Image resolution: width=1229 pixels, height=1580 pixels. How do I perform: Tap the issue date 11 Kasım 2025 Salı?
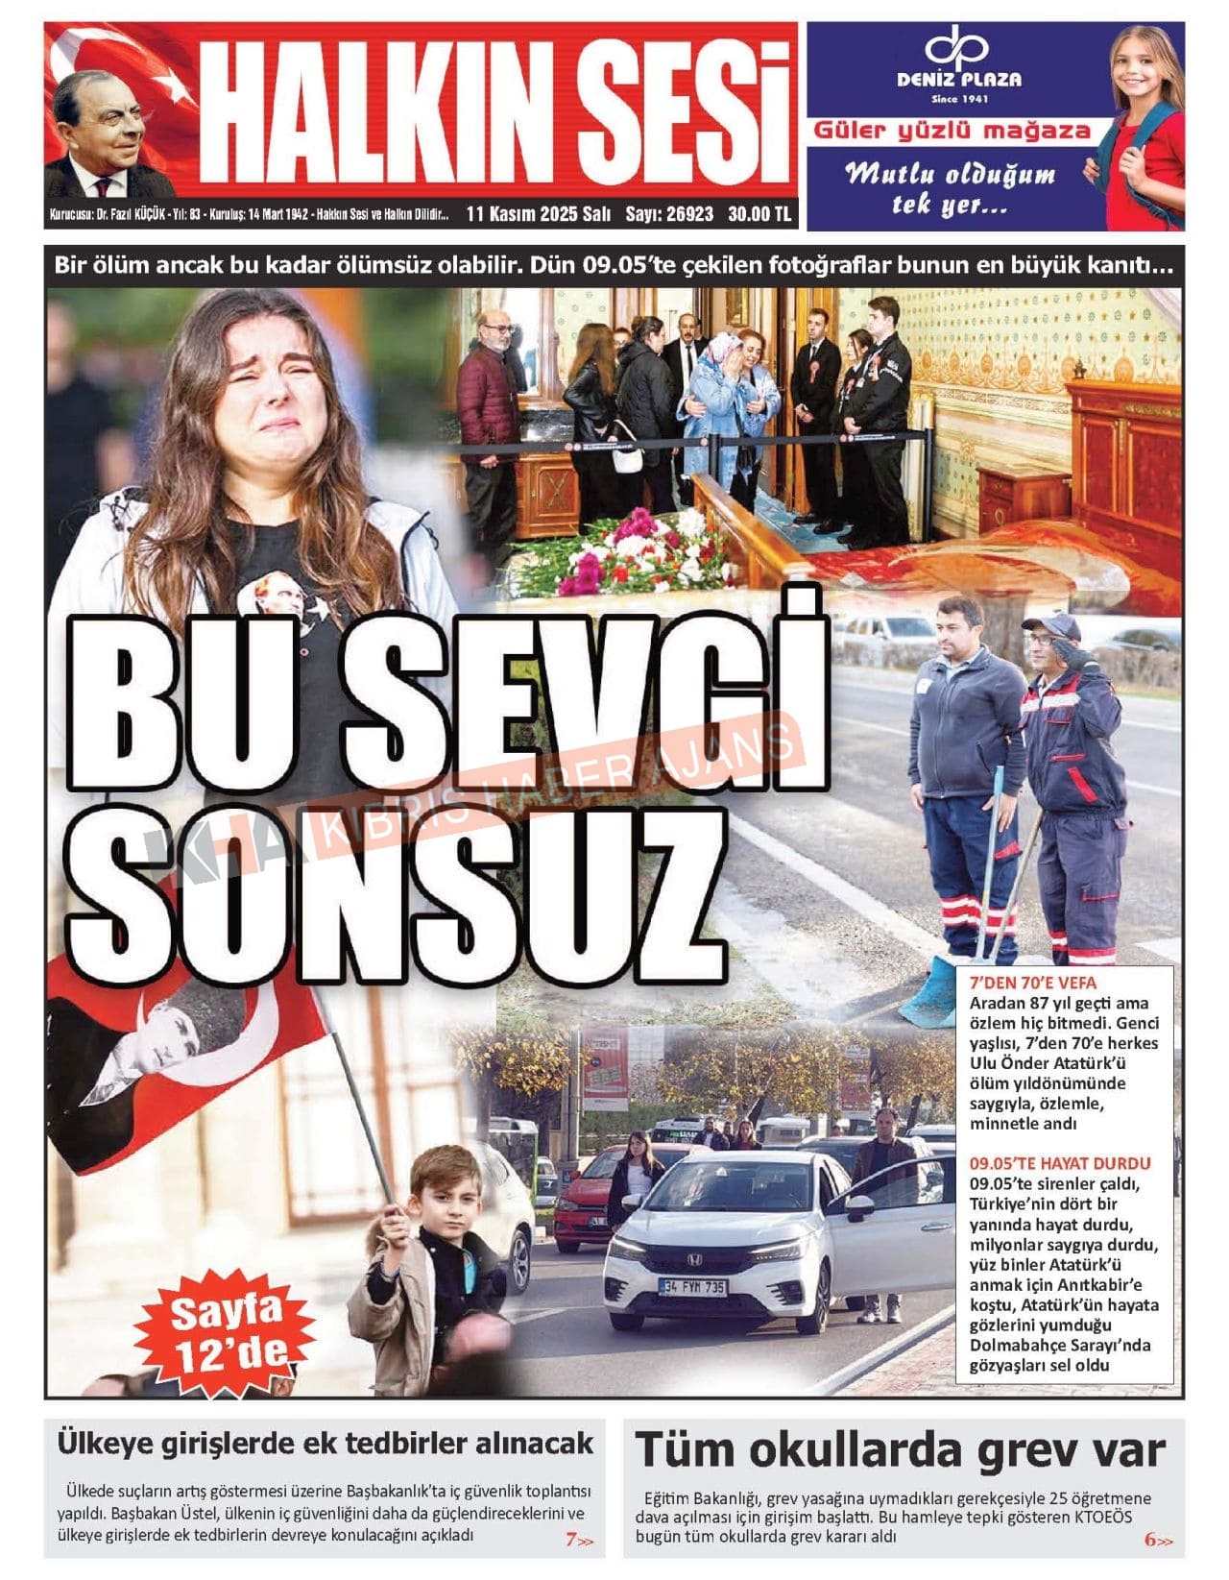pos(538,214)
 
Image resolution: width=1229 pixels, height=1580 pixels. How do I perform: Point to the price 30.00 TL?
pos(759,214)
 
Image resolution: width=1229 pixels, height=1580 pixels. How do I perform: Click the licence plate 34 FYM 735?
pos(691,1286)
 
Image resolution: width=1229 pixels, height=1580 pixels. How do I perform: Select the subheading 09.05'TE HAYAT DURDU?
pos(1059,1163)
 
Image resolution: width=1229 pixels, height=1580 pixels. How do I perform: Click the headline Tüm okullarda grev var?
pos(900,1448)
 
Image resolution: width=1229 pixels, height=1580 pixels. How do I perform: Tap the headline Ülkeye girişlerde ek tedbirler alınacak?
pos(325,1443)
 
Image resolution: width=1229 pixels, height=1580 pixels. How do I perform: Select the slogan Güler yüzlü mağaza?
pos(952,131)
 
